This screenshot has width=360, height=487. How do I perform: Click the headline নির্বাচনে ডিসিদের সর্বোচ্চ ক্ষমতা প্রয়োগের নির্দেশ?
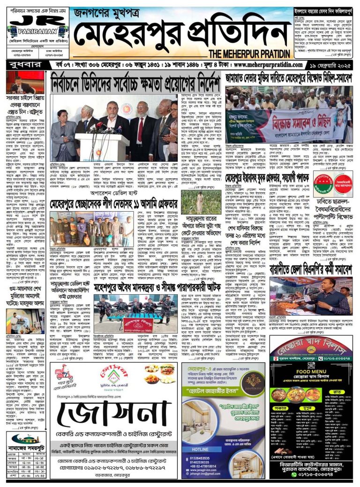tap(135, 84)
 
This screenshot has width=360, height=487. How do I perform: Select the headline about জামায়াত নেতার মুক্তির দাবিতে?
tap(288, 78)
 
